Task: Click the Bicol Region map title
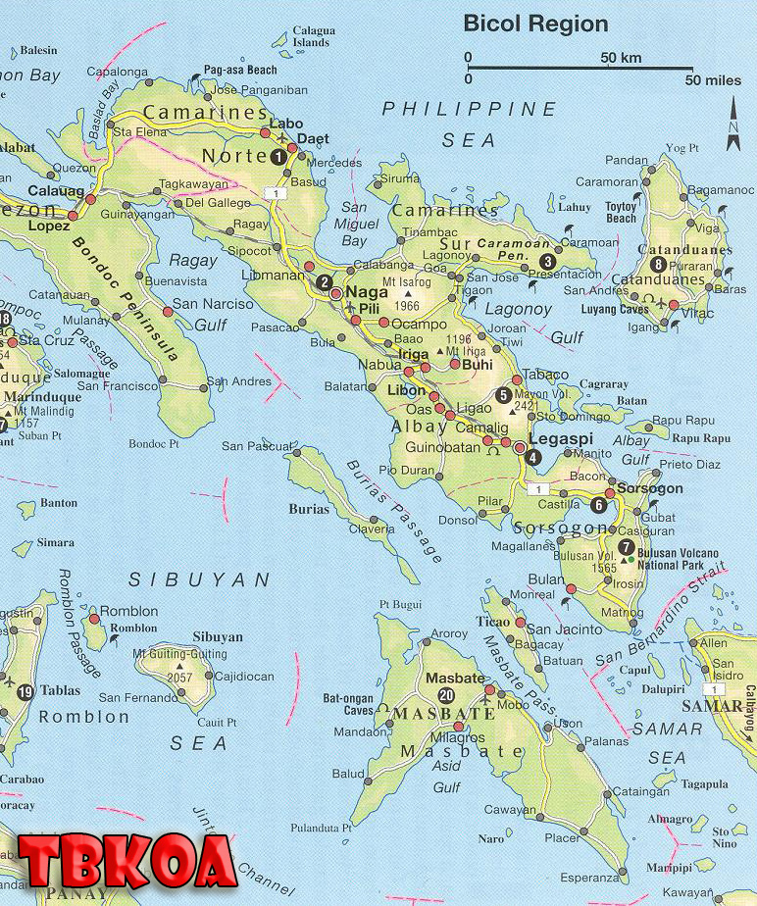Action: [x=535, y=24]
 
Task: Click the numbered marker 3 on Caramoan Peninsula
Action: [x=547, y=261]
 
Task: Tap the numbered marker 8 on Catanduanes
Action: [x=658, y=265]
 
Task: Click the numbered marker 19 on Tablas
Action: [x=25, y=692]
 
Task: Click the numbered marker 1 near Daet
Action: [x=279, y=156]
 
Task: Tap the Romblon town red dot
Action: [x=93, y=619]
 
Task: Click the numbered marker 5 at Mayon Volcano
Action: [x=503, y=396]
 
